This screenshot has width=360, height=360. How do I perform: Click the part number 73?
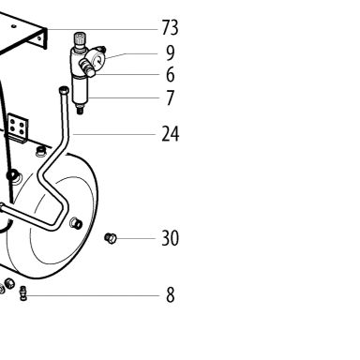[x=171, y=28]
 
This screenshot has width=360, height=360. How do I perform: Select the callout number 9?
[x=170, y=52]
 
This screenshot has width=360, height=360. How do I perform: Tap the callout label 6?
[x=171, y=75]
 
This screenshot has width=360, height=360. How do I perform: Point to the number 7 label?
[x=171, y=97]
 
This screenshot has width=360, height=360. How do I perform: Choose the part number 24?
[x=171, y=134]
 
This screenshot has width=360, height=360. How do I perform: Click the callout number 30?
[x=171, y=238]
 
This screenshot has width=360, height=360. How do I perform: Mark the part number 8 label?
[x=171, y=295]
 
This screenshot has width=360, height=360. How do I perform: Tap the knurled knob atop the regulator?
[x=80, y=38]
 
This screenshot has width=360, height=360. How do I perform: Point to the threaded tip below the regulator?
[x=80, y=110]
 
